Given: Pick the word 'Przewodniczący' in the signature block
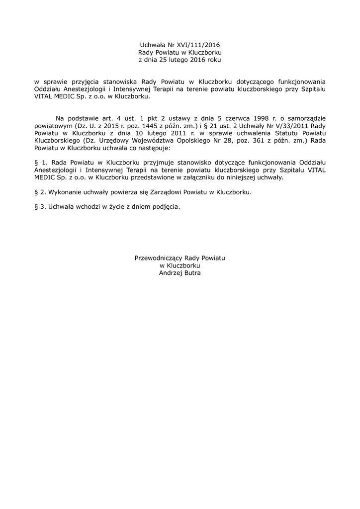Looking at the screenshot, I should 159,258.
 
